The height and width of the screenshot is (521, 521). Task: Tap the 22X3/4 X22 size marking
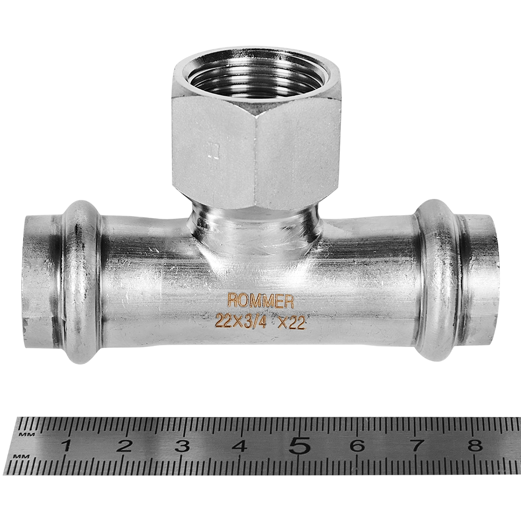(x=260, y=322)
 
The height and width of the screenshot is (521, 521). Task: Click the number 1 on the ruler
(x=67, y=446)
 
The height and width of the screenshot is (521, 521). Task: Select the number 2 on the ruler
(x=124, y=446)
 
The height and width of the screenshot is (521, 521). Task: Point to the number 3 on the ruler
(x=182, y=446)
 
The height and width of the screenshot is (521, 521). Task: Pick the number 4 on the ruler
(x=240, y=446)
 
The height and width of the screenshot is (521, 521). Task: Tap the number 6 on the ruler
(x=357, y=446)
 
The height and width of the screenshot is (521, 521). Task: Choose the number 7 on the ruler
(x=417, y=446)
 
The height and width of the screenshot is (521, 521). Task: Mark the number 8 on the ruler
(x=475, y=446)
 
